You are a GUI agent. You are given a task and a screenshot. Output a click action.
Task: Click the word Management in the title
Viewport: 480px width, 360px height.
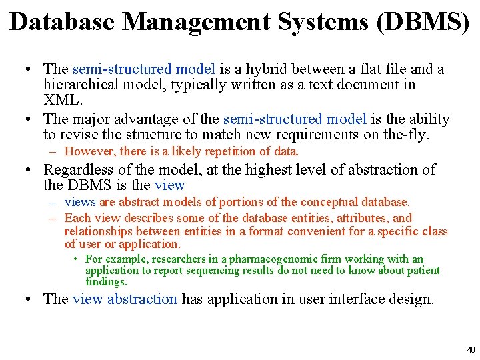tap(196, 22)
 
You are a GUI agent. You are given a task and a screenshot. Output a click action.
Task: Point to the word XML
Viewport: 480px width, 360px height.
tap(63, 101)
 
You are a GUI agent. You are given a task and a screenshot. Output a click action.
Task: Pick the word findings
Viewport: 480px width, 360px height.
tap(106, 281)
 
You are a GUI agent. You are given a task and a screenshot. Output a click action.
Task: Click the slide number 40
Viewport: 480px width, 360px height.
tap(471, 349)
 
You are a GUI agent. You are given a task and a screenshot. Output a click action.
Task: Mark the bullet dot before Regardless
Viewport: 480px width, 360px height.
tap(32, 171)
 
